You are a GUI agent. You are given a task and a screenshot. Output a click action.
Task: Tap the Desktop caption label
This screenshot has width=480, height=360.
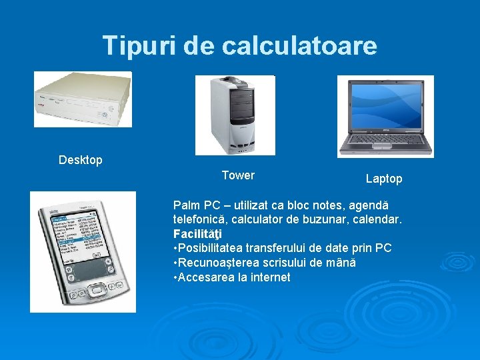tap(81, 160)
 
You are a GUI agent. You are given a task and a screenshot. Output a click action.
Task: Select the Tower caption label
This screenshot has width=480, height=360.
tap(238, 175)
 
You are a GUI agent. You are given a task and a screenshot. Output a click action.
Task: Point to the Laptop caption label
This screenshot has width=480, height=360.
tap(384, 179)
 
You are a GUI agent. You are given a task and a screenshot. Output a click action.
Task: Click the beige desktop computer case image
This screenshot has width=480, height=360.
tap(83, 99)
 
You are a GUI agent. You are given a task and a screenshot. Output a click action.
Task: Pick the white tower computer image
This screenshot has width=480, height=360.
tap(235, 115)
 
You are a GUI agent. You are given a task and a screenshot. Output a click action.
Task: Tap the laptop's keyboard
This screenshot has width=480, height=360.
tap(385, 139)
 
